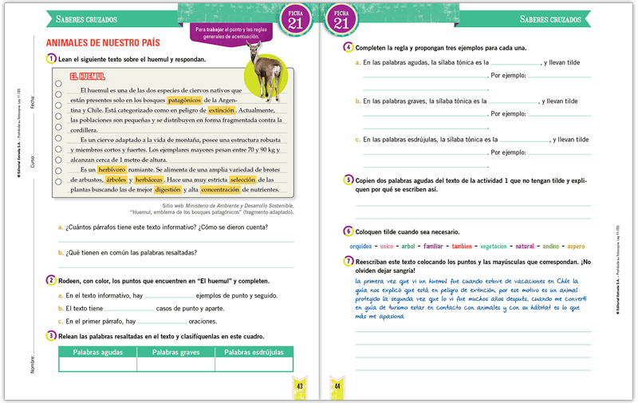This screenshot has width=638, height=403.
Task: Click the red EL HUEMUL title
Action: coord(89,77)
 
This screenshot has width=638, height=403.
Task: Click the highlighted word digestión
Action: coord(168,190)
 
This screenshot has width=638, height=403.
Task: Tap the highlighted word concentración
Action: coord(220,190)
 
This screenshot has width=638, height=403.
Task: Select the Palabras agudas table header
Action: coord(96,352)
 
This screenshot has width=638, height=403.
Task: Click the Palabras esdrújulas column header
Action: coord(254,352)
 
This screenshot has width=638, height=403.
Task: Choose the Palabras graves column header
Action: coord(175,352)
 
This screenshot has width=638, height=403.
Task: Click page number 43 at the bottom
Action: coord(300,386)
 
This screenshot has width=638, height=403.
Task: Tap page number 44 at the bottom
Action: coord(337,386)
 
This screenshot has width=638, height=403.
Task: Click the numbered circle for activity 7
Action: coord(349,261)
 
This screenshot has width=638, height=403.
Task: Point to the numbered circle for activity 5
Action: coord(349,180)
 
